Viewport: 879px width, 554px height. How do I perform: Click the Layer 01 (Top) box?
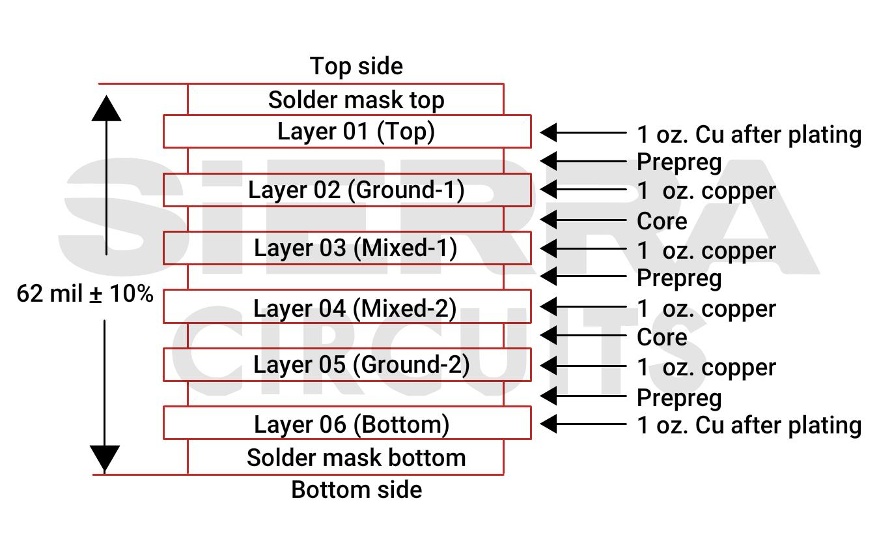(x=347, y=132)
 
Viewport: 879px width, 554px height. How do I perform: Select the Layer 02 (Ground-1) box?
(x=347, y=190)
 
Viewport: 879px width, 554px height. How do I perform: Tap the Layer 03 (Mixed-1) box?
(x=347, y=248)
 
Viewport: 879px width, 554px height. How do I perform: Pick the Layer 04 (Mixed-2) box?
(x=347, y=307)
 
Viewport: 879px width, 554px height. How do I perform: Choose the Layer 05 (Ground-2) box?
(x=347, y=365)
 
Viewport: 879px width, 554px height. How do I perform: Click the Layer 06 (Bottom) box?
(x=347, y=424)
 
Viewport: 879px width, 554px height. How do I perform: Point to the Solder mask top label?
(x=356, y=100)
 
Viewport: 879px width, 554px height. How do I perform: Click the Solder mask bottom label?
(x=356, y=458)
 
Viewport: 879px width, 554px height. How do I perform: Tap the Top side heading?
(x=356, y=66)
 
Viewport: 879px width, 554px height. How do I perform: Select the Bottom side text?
(x=356, y=489)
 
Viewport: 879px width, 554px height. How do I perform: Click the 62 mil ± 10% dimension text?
(x=85, y=294)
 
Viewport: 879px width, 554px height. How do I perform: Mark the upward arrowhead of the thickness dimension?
(x=106, y=108)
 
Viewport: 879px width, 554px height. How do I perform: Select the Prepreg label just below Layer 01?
(x=679, y=162)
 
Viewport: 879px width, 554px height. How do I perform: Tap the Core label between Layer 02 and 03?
(x=662, y=222)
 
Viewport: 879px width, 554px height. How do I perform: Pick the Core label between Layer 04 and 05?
(x=662, y=338)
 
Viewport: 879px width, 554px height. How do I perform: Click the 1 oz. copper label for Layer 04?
(x=706, y=309)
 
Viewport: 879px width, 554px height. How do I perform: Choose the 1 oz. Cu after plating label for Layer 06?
(x=749, y=426)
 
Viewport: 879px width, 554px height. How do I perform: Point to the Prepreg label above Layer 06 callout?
(x=679, y=398)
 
